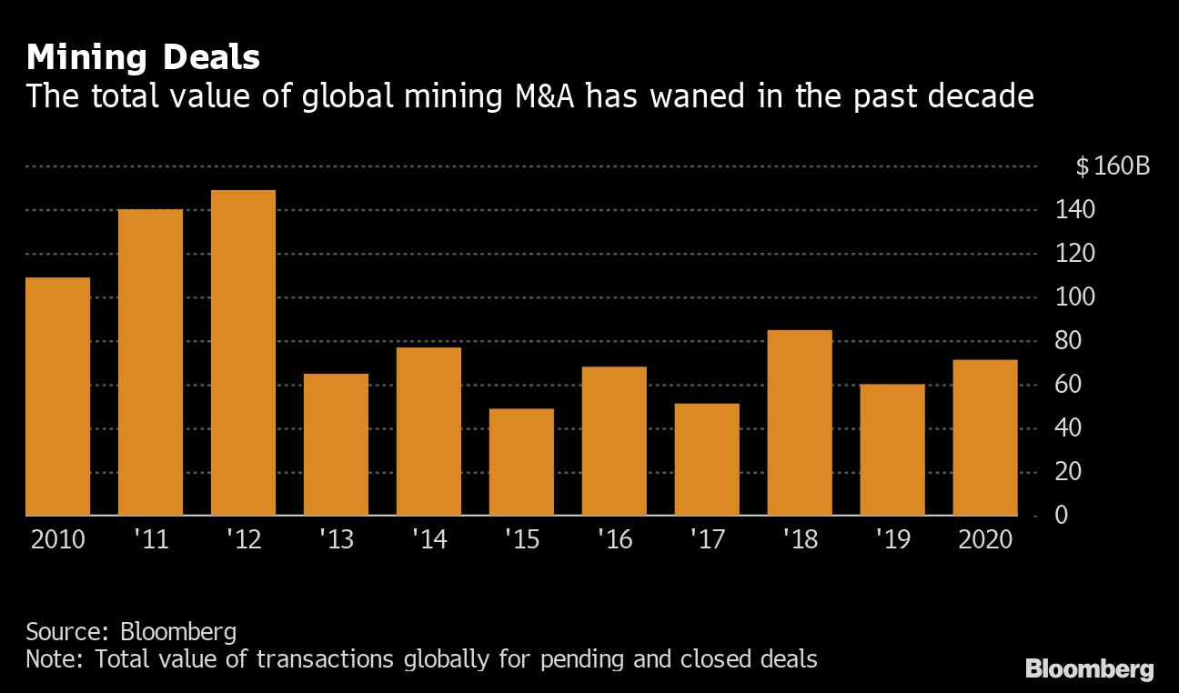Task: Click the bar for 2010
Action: coord(58,397)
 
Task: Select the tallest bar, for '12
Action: coord(243,353)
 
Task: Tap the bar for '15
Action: coord(521,462)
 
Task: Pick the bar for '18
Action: coord(800,423)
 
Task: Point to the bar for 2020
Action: coord(985,437)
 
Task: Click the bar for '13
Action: coord(336,445)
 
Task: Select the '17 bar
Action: coord(707,459)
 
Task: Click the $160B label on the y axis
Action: coord(1112,166)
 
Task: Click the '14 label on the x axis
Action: coord(428,539)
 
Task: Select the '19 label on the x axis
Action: coord(892,539)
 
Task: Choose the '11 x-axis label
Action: coord(150,539)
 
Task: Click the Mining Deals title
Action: coord(143,58)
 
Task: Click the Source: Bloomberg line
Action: coord(131,631)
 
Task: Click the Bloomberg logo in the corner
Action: coord(1089,670)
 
